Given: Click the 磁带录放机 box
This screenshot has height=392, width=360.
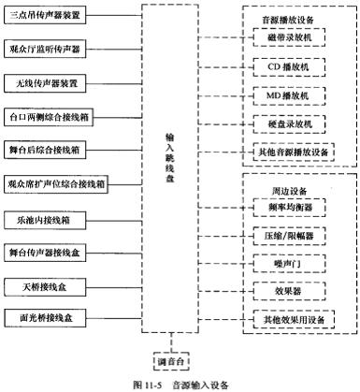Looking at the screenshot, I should tap(294, 37).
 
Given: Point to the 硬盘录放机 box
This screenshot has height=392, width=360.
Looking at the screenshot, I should tap(294, 123).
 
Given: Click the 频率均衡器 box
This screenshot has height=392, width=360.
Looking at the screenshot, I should tap(294, 207).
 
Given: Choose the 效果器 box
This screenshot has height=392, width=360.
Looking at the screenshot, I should tap(294, 291).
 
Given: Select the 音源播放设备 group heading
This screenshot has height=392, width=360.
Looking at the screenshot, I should tap(294, 16).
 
